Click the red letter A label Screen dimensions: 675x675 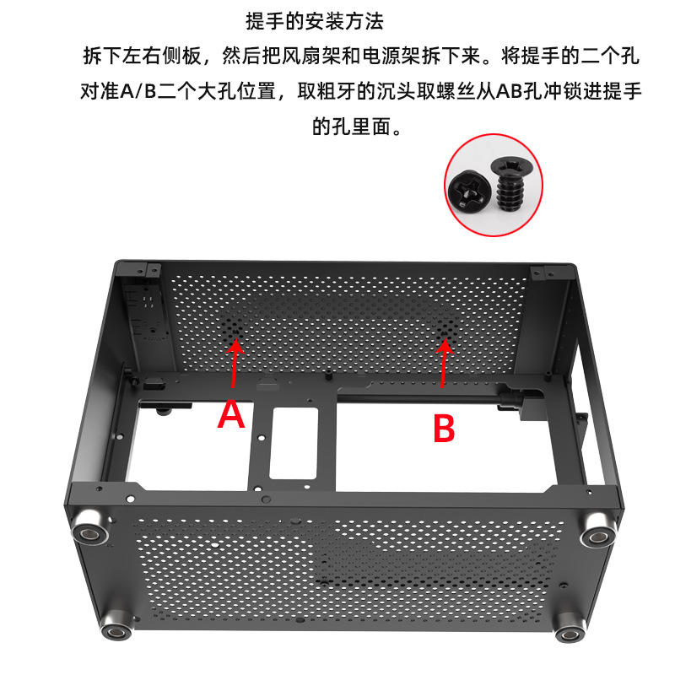(232, 415)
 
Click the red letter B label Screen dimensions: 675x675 (444, 429)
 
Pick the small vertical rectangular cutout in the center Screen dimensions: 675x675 (294, 442)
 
